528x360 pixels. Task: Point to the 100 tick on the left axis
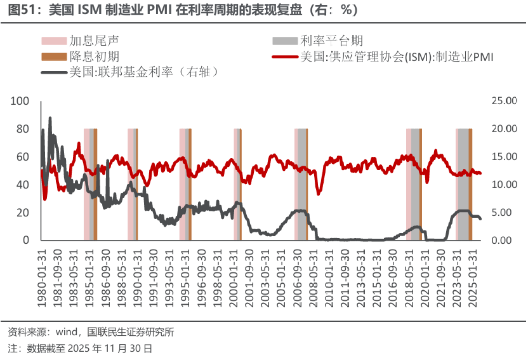click(x=21, y=101)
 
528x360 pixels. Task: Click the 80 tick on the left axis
click(x=23, y=129)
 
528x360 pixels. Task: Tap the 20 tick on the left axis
click(x=23, y=213)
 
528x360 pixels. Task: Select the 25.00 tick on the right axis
click(x=505, y=101)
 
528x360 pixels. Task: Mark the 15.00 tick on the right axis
click(x=505, y=157)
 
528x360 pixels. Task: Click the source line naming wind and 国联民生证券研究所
click(x=91, y=333)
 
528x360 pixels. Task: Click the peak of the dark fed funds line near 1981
click(x=49, y=118)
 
